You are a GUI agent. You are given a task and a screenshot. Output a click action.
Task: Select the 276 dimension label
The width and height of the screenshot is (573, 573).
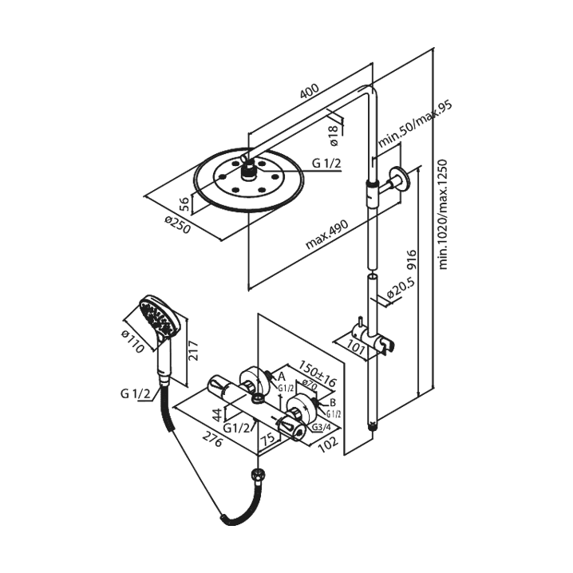click(x=211, y=439)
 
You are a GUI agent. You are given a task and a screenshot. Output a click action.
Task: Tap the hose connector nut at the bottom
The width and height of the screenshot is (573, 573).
click(x=257, y=477)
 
